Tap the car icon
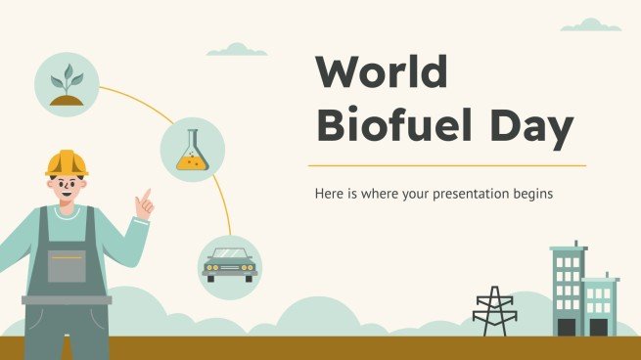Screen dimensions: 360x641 [x=229, y=264]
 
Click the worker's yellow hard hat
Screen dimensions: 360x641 [x=67, y=162]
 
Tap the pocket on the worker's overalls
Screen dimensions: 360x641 [x=67, y=265]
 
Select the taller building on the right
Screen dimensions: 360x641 [x=567, y=290]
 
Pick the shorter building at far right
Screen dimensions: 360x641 [x=600, y=305]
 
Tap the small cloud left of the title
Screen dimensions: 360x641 [x=237, y=49]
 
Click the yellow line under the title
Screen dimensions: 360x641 [x=446, y=165]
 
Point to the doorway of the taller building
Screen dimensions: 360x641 [x=566, y=327]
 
